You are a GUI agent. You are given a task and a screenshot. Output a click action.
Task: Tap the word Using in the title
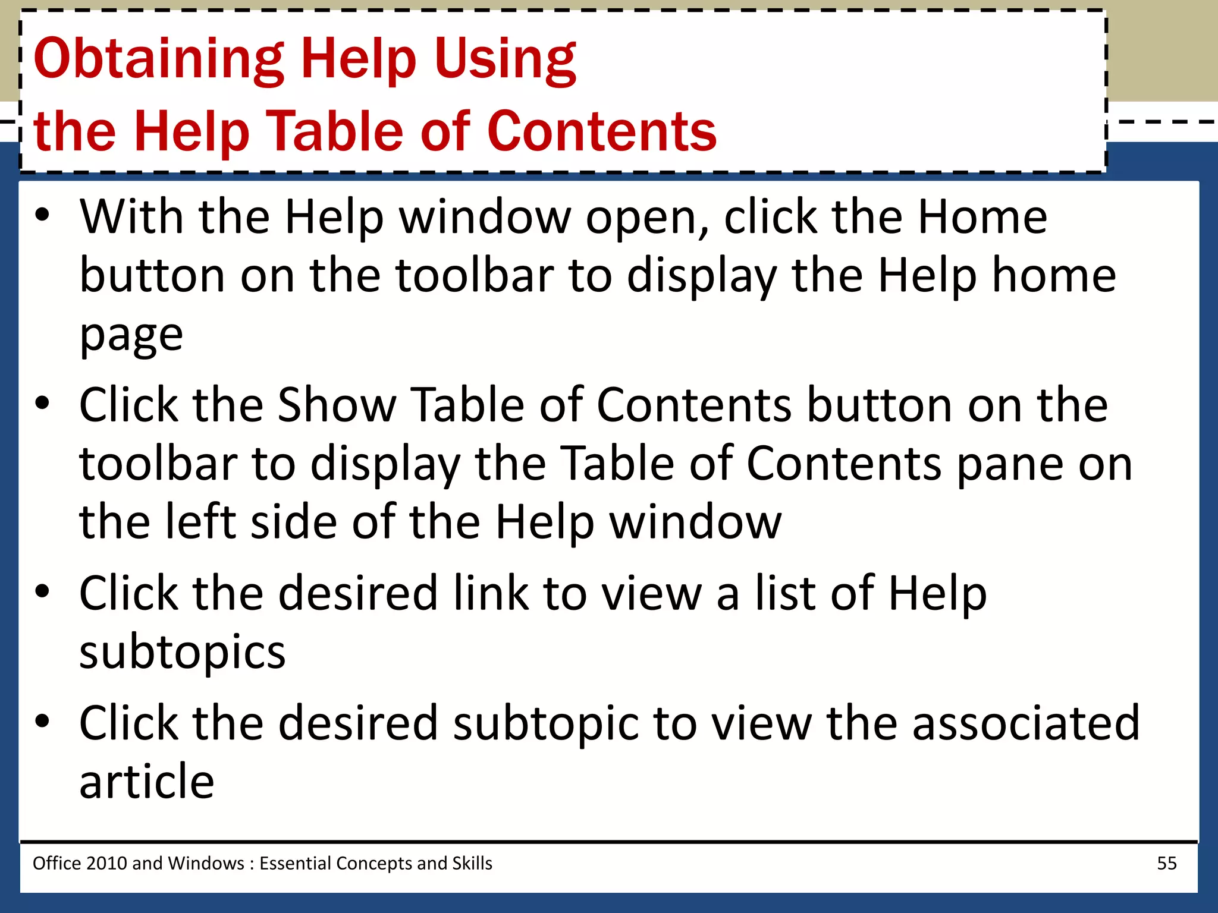click(x=505, y=59)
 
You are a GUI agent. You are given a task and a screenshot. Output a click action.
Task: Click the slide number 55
click(x=1166, y=863)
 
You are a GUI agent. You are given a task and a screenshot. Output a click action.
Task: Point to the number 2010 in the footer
click(x=106, y=863)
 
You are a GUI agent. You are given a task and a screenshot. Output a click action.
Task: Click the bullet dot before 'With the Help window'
click(x=42, y=216)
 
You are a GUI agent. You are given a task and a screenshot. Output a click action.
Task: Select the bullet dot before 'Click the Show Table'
click(x=42, y=404)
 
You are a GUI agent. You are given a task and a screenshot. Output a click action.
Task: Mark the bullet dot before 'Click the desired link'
click(x=42, y=592)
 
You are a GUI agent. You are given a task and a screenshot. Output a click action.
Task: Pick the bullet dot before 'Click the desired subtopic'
click(x=42, y=722)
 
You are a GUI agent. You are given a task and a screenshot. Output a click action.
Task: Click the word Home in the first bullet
click(x=982, y=218)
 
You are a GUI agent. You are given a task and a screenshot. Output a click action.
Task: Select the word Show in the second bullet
click(x=337, y=405)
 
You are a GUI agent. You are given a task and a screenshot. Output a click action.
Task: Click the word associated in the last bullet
click(x=1026, y=723)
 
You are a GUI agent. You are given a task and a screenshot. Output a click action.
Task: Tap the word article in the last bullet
click(x=147, y=781)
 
